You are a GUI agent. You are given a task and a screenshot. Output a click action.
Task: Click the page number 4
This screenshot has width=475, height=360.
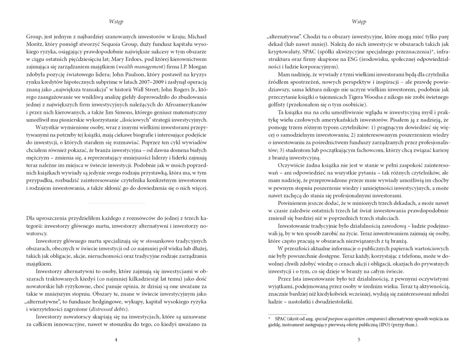[115, 339]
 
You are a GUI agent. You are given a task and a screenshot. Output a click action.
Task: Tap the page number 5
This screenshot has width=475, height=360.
[358, 339]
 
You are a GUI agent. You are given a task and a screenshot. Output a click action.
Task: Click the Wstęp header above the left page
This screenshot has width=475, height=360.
[115, 22]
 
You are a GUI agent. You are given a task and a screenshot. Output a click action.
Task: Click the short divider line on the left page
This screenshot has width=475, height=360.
[115, 203]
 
